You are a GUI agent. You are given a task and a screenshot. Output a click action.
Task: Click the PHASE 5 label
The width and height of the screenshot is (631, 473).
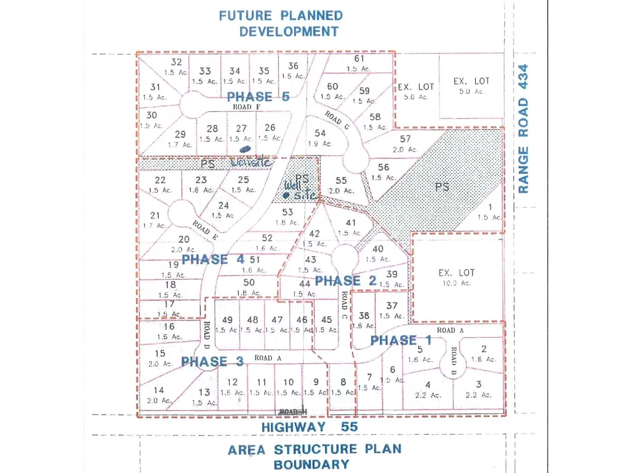[x=258, y=97]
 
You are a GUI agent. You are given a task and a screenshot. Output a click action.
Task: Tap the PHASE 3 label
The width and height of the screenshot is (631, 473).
[x=212, y=361]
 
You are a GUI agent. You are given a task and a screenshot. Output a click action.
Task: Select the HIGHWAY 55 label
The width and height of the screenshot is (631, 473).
[x=309, y=427]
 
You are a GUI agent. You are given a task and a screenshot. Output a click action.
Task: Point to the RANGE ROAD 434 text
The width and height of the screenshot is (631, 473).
[x=523, y=129]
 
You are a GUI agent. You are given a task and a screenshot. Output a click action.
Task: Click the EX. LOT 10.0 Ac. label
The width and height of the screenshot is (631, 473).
[x=456, y=277]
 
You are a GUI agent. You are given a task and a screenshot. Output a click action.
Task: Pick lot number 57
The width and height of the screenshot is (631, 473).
[x=405, y=139]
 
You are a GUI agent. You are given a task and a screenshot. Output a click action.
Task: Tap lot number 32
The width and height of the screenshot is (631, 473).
[x=176, y=62]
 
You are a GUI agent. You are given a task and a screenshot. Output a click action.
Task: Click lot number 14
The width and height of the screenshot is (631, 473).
[x=159, y=390]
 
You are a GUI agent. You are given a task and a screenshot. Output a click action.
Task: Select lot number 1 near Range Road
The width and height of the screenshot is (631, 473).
[x=490, y=207]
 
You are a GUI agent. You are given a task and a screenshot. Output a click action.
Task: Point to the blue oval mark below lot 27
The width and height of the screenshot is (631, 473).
[x=245, y=149]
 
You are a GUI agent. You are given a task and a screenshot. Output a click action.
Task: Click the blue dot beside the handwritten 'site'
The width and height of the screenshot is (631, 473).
[x=286, y=195]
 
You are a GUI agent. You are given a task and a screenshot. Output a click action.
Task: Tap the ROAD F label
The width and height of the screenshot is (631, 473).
[x=246, y=107]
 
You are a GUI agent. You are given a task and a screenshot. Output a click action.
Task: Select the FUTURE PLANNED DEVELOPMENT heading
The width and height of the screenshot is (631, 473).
[x=281, y=24]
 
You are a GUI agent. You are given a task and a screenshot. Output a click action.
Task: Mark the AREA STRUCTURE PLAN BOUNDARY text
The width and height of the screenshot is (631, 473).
[x=314, y=457]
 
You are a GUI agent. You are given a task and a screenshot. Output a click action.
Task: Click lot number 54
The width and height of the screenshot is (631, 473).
[x=320, y=133]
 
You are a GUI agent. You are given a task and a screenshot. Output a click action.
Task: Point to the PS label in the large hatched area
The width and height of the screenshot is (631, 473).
[x=442, y=186]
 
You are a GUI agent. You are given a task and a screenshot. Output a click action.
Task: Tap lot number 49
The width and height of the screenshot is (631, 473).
[x=227, y=320]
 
